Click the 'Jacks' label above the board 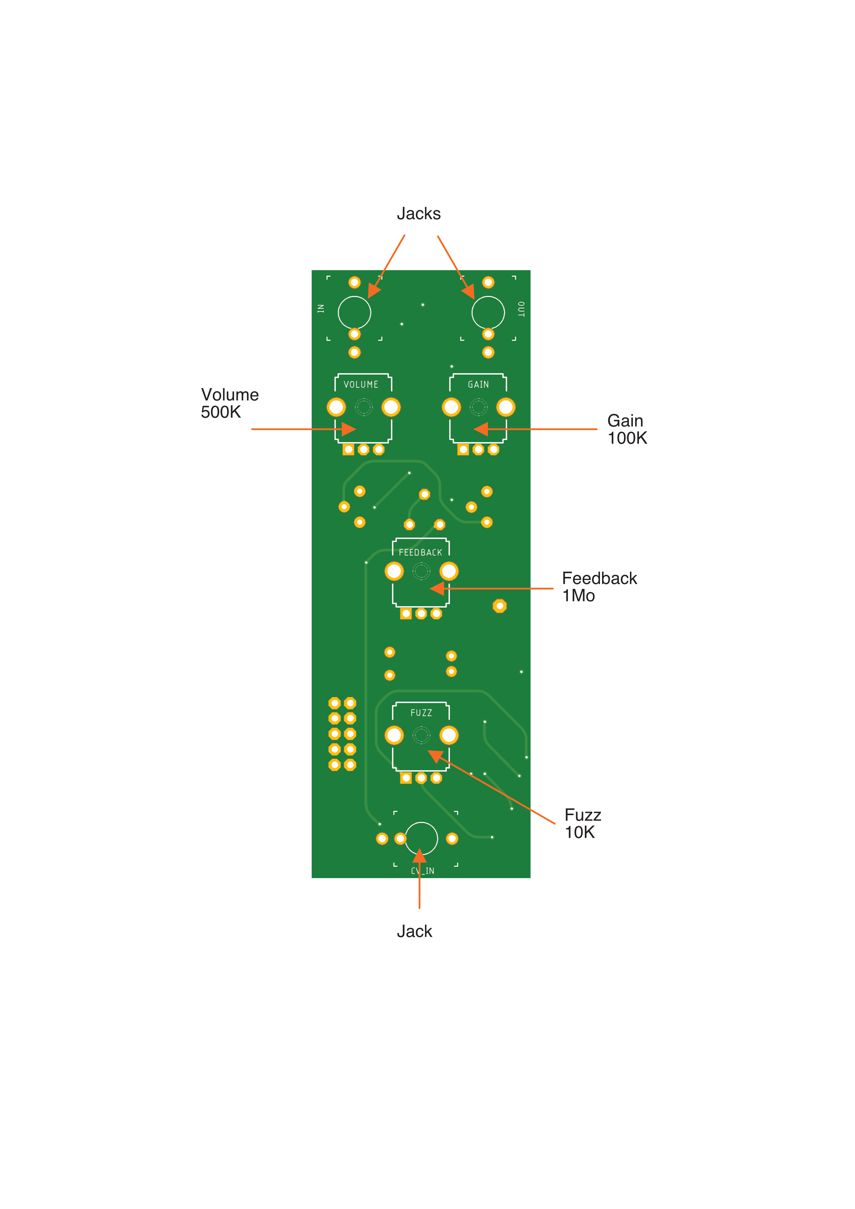click(419, 213)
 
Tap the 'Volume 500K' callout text click(230, 403)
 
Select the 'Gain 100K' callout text click(627, 429)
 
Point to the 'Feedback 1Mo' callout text click(599, 587)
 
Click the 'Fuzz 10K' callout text click(582, 824)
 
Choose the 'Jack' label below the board click(414, 932)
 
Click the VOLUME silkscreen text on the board click(361, 384)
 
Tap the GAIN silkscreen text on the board click(479, 384)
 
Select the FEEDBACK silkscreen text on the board click(421, 552)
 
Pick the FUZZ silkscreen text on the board click(421, 713)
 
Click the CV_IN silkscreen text click(423, 871)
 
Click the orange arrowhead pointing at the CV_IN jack click(420, 856)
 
